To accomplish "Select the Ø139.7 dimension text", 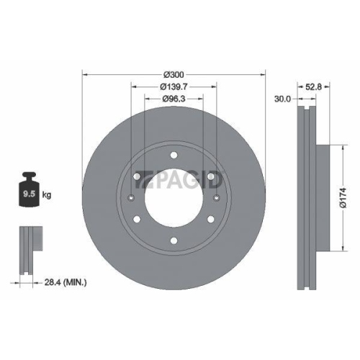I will pyautogui.click(x=174, y=87).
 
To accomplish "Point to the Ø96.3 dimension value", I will pyautogui.click(x=174, y=98).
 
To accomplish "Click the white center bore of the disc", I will pyautogui.click(x=174, y=198).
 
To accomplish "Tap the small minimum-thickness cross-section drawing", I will pyautogui.click(x=27, y=248).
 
